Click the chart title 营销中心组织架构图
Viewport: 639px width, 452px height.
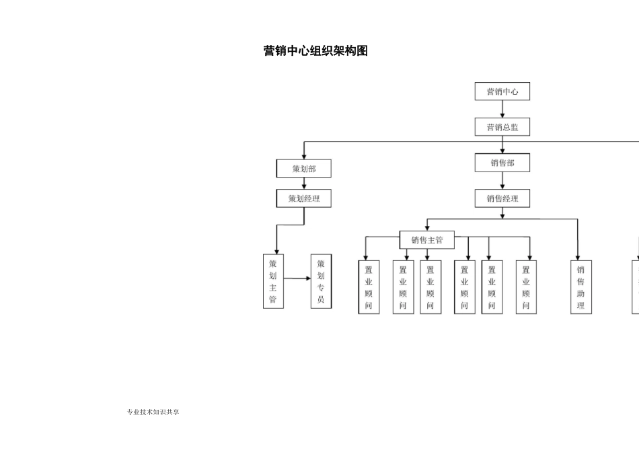pos(315,51)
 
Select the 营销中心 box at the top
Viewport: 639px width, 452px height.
pos(502,91)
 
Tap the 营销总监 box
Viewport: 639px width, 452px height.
pos(502,127)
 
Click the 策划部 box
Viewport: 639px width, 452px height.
pos(303,168)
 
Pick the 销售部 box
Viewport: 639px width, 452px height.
pos(502,163)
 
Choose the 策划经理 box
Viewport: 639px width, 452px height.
pos(303,198)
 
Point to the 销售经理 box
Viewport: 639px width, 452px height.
pos(502,198)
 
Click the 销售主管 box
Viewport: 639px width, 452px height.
pos(427,239)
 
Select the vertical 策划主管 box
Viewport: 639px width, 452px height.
pos(273,281)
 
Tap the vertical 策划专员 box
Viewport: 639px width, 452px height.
pos(321,281)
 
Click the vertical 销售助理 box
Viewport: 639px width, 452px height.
pos(580,287)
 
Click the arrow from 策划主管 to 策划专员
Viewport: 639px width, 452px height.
pos(297,278)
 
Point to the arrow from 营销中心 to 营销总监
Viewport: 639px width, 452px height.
pos(502,110)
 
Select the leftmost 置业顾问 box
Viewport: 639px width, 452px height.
pos(369,287)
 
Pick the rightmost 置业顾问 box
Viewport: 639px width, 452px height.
pos(526,287)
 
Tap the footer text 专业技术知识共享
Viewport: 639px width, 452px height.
pos(153,412)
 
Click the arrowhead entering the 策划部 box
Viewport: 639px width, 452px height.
pos(304,155)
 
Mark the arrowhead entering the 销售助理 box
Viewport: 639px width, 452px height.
pos(578,256)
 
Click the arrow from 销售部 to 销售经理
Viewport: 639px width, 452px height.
pos(502,181)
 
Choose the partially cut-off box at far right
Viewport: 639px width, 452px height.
pos(636,287)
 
